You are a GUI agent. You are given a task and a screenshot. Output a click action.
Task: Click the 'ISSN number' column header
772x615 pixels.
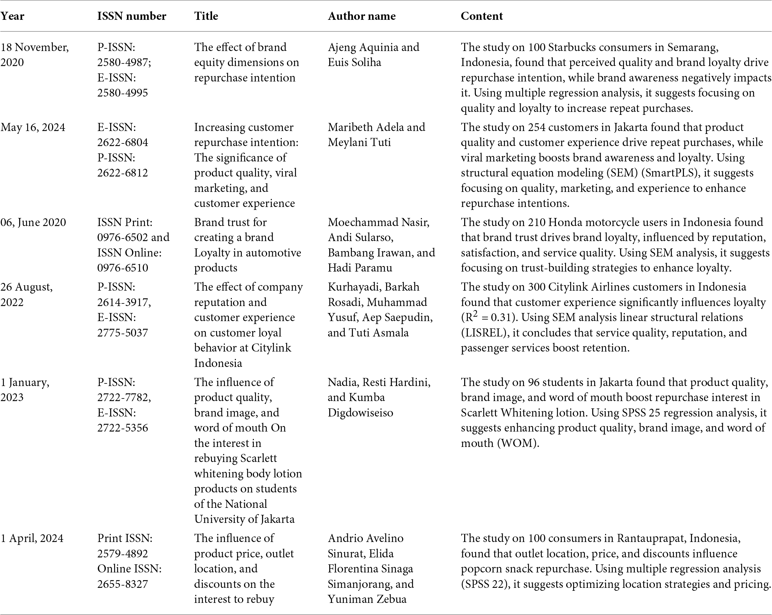[x=131, y=16]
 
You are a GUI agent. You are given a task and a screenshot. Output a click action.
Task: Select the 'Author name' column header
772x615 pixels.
[x=361, y=16]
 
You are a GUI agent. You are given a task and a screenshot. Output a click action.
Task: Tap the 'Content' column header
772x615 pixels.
[x=481, y=16]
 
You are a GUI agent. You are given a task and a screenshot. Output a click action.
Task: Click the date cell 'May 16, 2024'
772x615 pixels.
[x=33, y=127]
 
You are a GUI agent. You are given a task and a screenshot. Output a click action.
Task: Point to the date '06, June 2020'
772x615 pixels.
[x=33, y=222]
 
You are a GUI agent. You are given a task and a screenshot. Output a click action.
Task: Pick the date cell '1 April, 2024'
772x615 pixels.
[x=32, y=538]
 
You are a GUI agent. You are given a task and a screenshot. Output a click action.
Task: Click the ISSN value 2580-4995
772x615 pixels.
[x=123, y=92]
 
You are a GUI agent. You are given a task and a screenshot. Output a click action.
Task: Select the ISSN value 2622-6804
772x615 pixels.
[x=123, y=142]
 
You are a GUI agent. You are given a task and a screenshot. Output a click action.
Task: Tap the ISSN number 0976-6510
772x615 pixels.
[x=123, y=268]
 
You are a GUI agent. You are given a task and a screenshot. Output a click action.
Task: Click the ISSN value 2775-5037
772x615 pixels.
[x=123, y=333]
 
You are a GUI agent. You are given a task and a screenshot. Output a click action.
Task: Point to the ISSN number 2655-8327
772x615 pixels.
[x=123, y=584]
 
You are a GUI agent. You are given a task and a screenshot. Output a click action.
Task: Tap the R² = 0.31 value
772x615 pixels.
[x=486, y=317]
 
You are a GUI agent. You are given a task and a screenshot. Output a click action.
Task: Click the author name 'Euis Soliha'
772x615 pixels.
[x=354, y=62]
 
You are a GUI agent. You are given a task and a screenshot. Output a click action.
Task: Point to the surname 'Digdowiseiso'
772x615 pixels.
[x=360, y=413]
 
